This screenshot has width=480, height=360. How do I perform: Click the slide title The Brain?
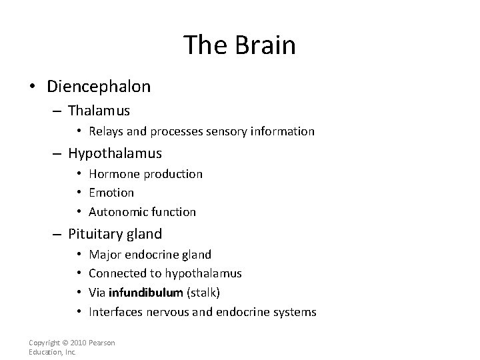pos(239,45)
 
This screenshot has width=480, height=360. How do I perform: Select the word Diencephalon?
pos(99,87)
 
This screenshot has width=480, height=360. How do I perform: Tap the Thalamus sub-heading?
pos(99,110)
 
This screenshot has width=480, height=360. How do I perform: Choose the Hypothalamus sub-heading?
pos(115,153)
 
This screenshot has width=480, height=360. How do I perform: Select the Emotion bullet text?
pos(111,193)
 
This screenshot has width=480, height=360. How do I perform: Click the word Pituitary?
pos(93,234)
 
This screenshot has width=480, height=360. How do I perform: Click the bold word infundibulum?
pos(145,293)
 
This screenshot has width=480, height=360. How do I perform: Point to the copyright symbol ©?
pos(67,343)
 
